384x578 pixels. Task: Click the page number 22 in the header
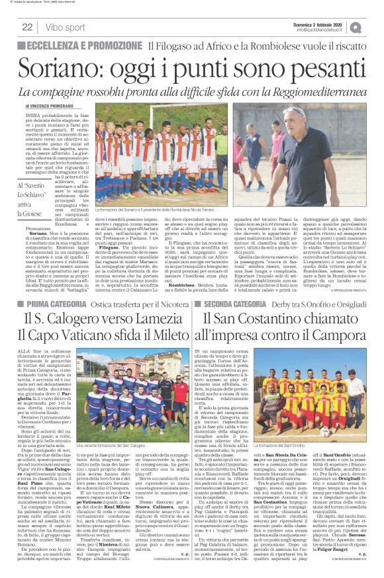(28, 27)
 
